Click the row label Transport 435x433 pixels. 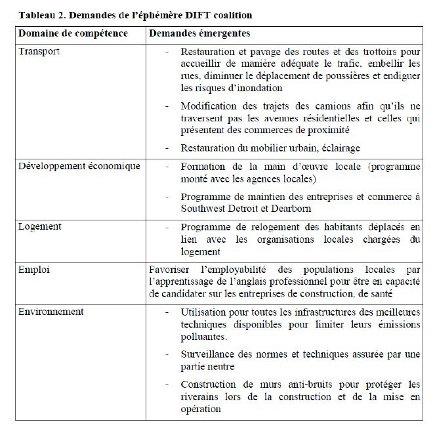click(x=38, y=52)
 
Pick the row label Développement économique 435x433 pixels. click(x=79, y=166)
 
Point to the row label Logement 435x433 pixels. click(x=39, y=226)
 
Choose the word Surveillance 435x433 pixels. click(x=209, y=354)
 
